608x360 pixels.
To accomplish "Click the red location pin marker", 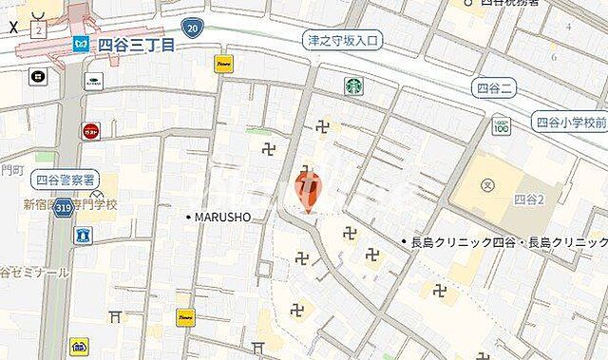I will pyautogui.click(x=307, y=187).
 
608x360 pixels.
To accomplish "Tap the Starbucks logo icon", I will pyautogui.click(x=353, y=85).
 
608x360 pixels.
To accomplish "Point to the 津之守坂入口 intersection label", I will pyautogui.click(x=342, y=41).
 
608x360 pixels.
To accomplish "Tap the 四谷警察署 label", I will pyautogui.click(x=65, y=178).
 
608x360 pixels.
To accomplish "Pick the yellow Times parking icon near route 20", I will pyautogui.click(x=223, y=64).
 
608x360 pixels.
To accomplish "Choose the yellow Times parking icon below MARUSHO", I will pyautogui.click(x=184, y=315).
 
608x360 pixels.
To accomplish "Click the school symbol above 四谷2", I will pyautogui.click(x=487, y=184).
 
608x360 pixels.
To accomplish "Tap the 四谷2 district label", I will pyautogui.click(x=527, y=199).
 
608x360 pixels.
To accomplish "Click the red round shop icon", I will pyautogui.click(x=91, y=131).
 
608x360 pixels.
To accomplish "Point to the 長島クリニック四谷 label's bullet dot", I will pyautogui.click(x=404, y=242).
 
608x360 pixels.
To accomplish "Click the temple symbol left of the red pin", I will pyautogui.click(x=268, y=147).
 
